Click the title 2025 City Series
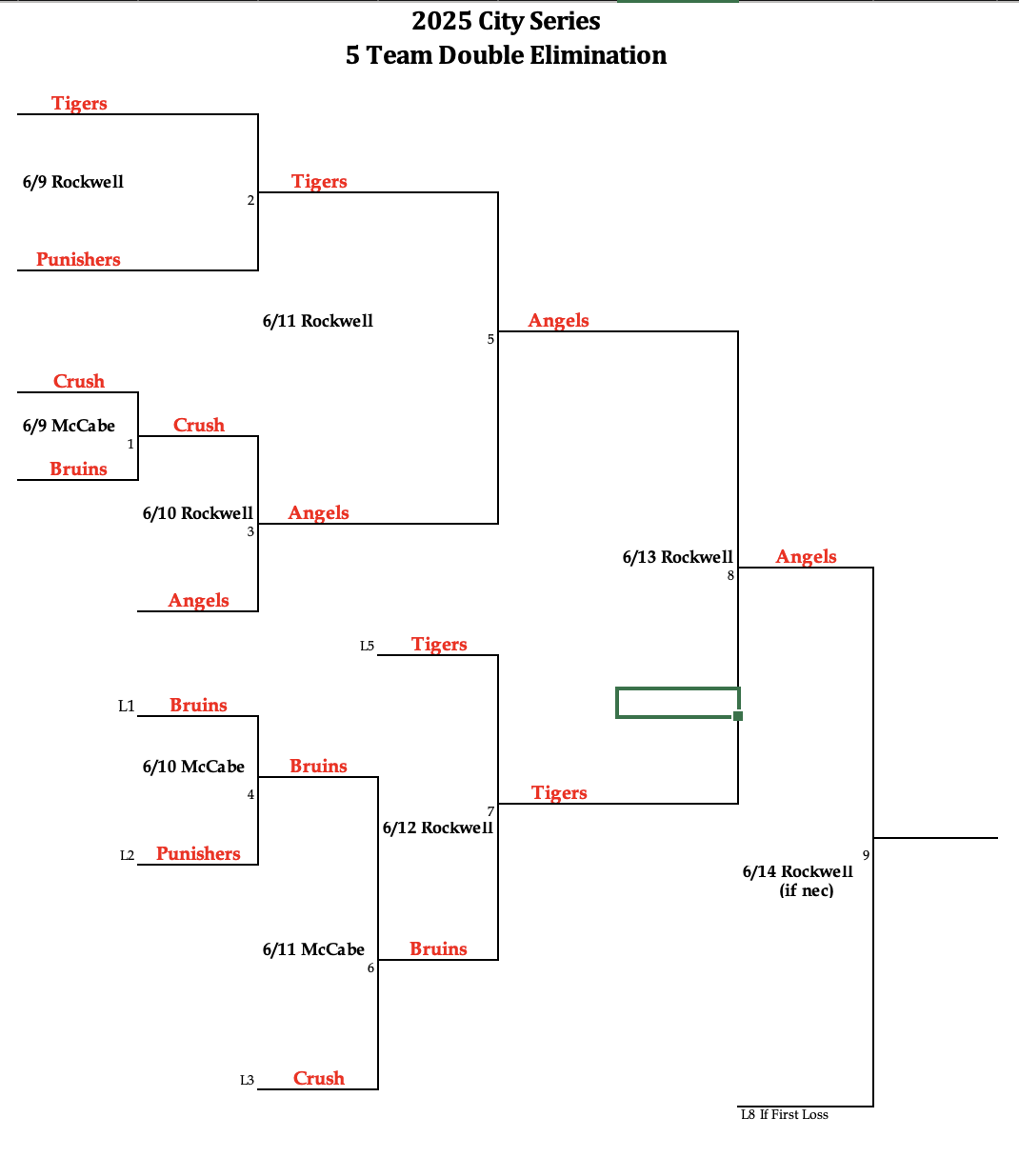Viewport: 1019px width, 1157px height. pos(506,21)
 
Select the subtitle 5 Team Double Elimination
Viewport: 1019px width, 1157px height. pos(506,55)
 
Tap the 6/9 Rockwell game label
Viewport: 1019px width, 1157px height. pos(73,182)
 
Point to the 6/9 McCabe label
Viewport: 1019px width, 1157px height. pos(69,426)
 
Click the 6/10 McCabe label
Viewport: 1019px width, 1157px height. pos(193,767)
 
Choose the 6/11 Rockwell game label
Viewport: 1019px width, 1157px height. pos(317,321)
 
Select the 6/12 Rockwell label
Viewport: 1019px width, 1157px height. pos(437,828)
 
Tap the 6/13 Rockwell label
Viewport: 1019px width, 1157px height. pos(677,557)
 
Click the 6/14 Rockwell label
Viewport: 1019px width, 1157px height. pos(797,871)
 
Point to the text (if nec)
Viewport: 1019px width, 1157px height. pos(806,890)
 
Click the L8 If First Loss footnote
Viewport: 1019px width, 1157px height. pos(784,1114)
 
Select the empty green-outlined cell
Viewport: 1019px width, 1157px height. pos(676,703)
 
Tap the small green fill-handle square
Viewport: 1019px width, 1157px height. pos(738,716)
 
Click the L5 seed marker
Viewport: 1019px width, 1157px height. pos(367,647)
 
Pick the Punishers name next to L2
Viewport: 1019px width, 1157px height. pos(198,853)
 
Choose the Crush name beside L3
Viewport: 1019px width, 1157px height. pos(318,1078)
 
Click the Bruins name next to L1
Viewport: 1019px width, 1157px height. pos(198,705)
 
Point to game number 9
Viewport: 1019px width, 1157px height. pos(866,855)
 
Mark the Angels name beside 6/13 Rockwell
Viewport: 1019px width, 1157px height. pos(806,556)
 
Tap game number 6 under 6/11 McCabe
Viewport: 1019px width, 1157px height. pos(370,968)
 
